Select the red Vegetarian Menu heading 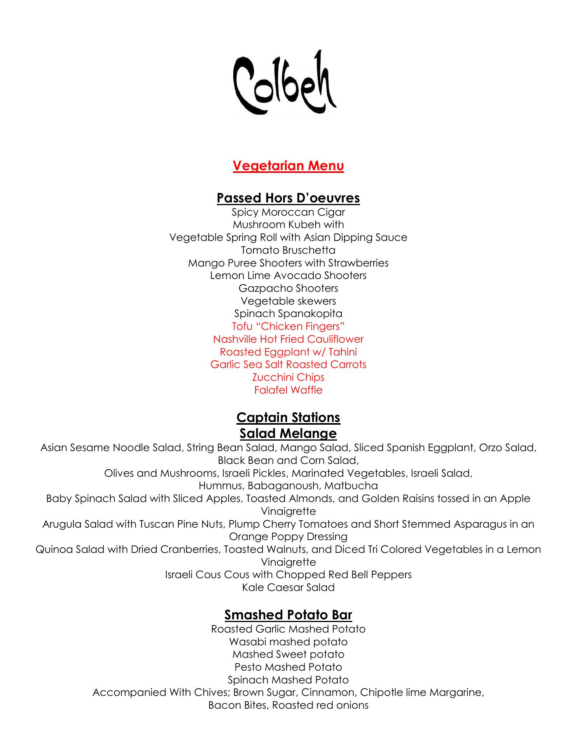(288, 166)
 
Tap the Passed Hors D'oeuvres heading (288, 198)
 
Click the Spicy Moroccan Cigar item (288, 212)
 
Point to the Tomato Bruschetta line (288, 250)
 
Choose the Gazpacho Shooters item (288, 288)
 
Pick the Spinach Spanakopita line (288, 314)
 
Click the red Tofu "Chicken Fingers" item (288, 326)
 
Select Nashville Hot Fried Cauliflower (288, 339)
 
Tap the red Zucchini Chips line (288, 377)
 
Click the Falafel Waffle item (288, 390)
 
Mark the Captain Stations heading (288, 418)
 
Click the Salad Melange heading (288, 433)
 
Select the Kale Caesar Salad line (288, 587)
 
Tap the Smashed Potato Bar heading (288, 615)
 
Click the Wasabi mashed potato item (288, 642)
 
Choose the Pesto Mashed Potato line (288, 667)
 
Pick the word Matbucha (351, 486)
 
